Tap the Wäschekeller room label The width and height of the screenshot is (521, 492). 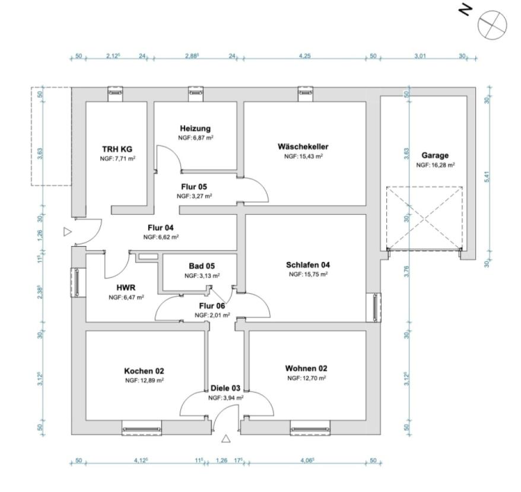pos(303,146)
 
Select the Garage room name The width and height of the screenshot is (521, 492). pos(436,155)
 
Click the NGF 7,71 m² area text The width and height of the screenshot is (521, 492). pos(118,159)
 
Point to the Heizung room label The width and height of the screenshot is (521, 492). pos(195,128)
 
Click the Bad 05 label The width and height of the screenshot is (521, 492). pos(201,266)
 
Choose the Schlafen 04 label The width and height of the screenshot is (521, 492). pos(308,264)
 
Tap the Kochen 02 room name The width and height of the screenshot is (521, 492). pos(144,371)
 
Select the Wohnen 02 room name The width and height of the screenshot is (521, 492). pos(306,368)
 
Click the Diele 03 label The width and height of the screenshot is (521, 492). pos(225,389)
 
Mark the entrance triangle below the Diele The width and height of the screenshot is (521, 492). pos(225,439)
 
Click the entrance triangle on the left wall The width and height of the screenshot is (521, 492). pos(68,232)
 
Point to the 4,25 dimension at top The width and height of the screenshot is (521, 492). pos(304,56)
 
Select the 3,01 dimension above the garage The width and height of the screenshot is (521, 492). pos(420,56)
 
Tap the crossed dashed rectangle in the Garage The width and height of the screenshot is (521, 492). pos(424,218)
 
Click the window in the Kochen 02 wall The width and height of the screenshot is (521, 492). pos(141,428)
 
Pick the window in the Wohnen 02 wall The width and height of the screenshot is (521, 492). pos(310,428)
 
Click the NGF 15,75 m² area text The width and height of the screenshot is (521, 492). pos(308,274)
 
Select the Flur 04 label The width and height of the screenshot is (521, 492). pos(160,227)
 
